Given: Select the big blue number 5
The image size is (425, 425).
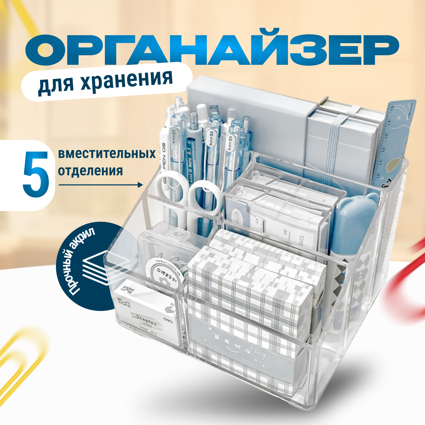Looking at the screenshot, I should [35, 175].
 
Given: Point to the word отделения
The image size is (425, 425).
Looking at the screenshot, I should [90, 171].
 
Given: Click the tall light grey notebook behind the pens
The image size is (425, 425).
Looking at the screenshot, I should [248, 117].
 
